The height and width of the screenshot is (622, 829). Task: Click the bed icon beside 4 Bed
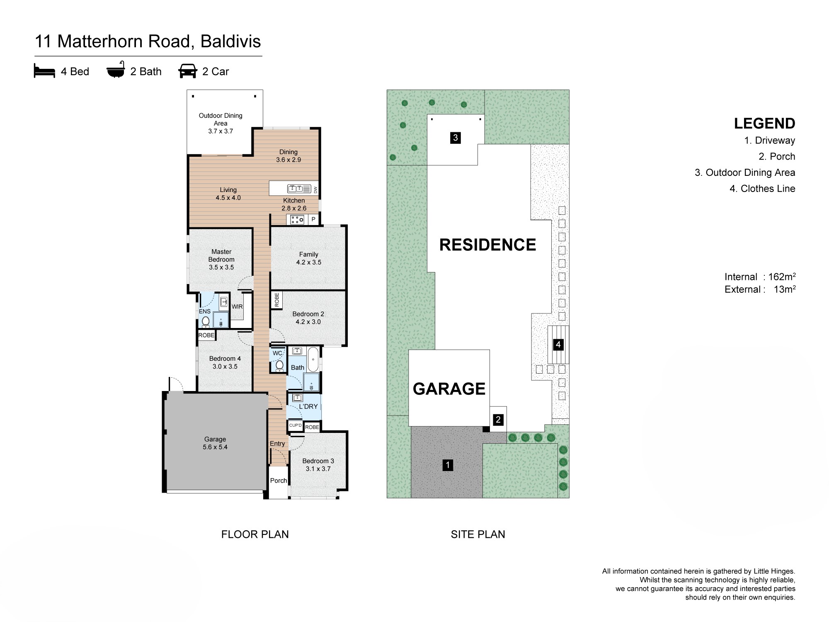coord(44,71)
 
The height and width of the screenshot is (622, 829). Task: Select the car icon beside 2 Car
coord(188,71)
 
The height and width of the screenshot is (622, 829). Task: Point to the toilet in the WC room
coord(279,365)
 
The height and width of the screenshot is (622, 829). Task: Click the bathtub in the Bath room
coord(313,359)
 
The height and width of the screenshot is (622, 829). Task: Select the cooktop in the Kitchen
coord(297,220)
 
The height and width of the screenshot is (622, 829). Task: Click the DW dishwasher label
coord(315,190)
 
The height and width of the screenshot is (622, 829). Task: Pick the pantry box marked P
coord(313,219)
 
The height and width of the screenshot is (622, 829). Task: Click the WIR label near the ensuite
coord(237,306)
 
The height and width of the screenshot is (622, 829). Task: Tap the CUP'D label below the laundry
coord(296,425)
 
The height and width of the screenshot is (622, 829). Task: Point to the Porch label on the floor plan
coord(279,480)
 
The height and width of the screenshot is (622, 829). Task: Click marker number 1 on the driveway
coord(448,465)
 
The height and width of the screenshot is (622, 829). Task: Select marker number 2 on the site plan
coord(498,420)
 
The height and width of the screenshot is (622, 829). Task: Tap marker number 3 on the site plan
coord(456,138)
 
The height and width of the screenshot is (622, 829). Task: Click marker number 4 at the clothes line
coord(558,345)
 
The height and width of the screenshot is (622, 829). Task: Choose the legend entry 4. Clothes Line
coord(762,189)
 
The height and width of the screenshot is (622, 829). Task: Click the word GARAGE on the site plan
coord(449,389)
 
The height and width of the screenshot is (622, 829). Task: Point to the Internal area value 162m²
coord(782,277)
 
